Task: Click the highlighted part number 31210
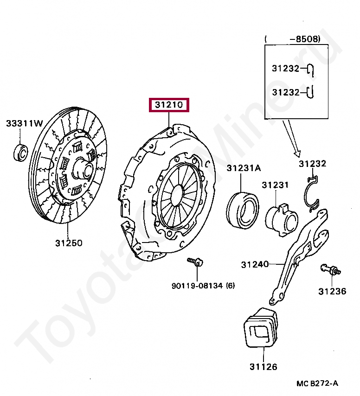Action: tap(168, 106)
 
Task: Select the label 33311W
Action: tap(24, 123)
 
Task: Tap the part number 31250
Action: tap(69, 243)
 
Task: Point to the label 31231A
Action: tap(244, 168)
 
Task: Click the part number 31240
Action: tap(255, 264)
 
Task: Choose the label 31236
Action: tap(332, 291)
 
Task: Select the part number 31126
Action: tap(263, 367)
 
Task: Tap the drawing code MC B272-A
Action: tap(318, 383)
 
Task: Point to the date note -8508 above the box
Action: tap(305, 39)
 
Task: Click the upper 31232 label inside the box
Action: tap(286, 68)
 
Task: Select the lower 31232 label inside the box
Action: tap(286, 92)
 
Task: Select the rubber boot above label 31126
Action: tap(261, 326)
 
